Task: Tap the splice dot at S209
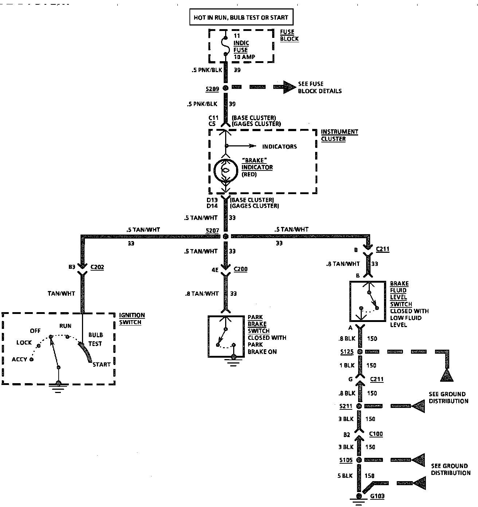point(226,88)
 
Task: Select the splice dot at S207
point(226,236)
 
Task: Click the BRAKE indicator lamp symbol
point(226,171)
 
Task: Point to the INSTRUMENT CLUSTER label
point(339,135)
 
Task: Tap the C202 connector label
point(97,267)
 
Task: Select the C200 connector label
point(240,269)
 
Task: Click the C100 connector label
point(376,434)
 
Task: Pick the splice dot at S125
point(360,352)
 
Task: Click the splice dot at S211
point(359,406)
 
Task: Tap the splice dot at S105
point(359,460)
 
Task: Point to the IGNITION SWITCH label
point(132,319)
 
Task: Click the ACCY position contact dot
point(32,359)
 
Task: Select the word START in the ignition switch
point(102,364)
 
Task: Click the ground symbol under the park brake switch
point(233,361)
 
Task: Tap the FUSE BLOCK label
point(289,35)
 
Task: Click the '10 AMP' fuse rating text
point(244,57)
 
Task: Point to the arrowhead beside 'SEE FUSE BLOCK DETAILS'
point(290,87)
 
